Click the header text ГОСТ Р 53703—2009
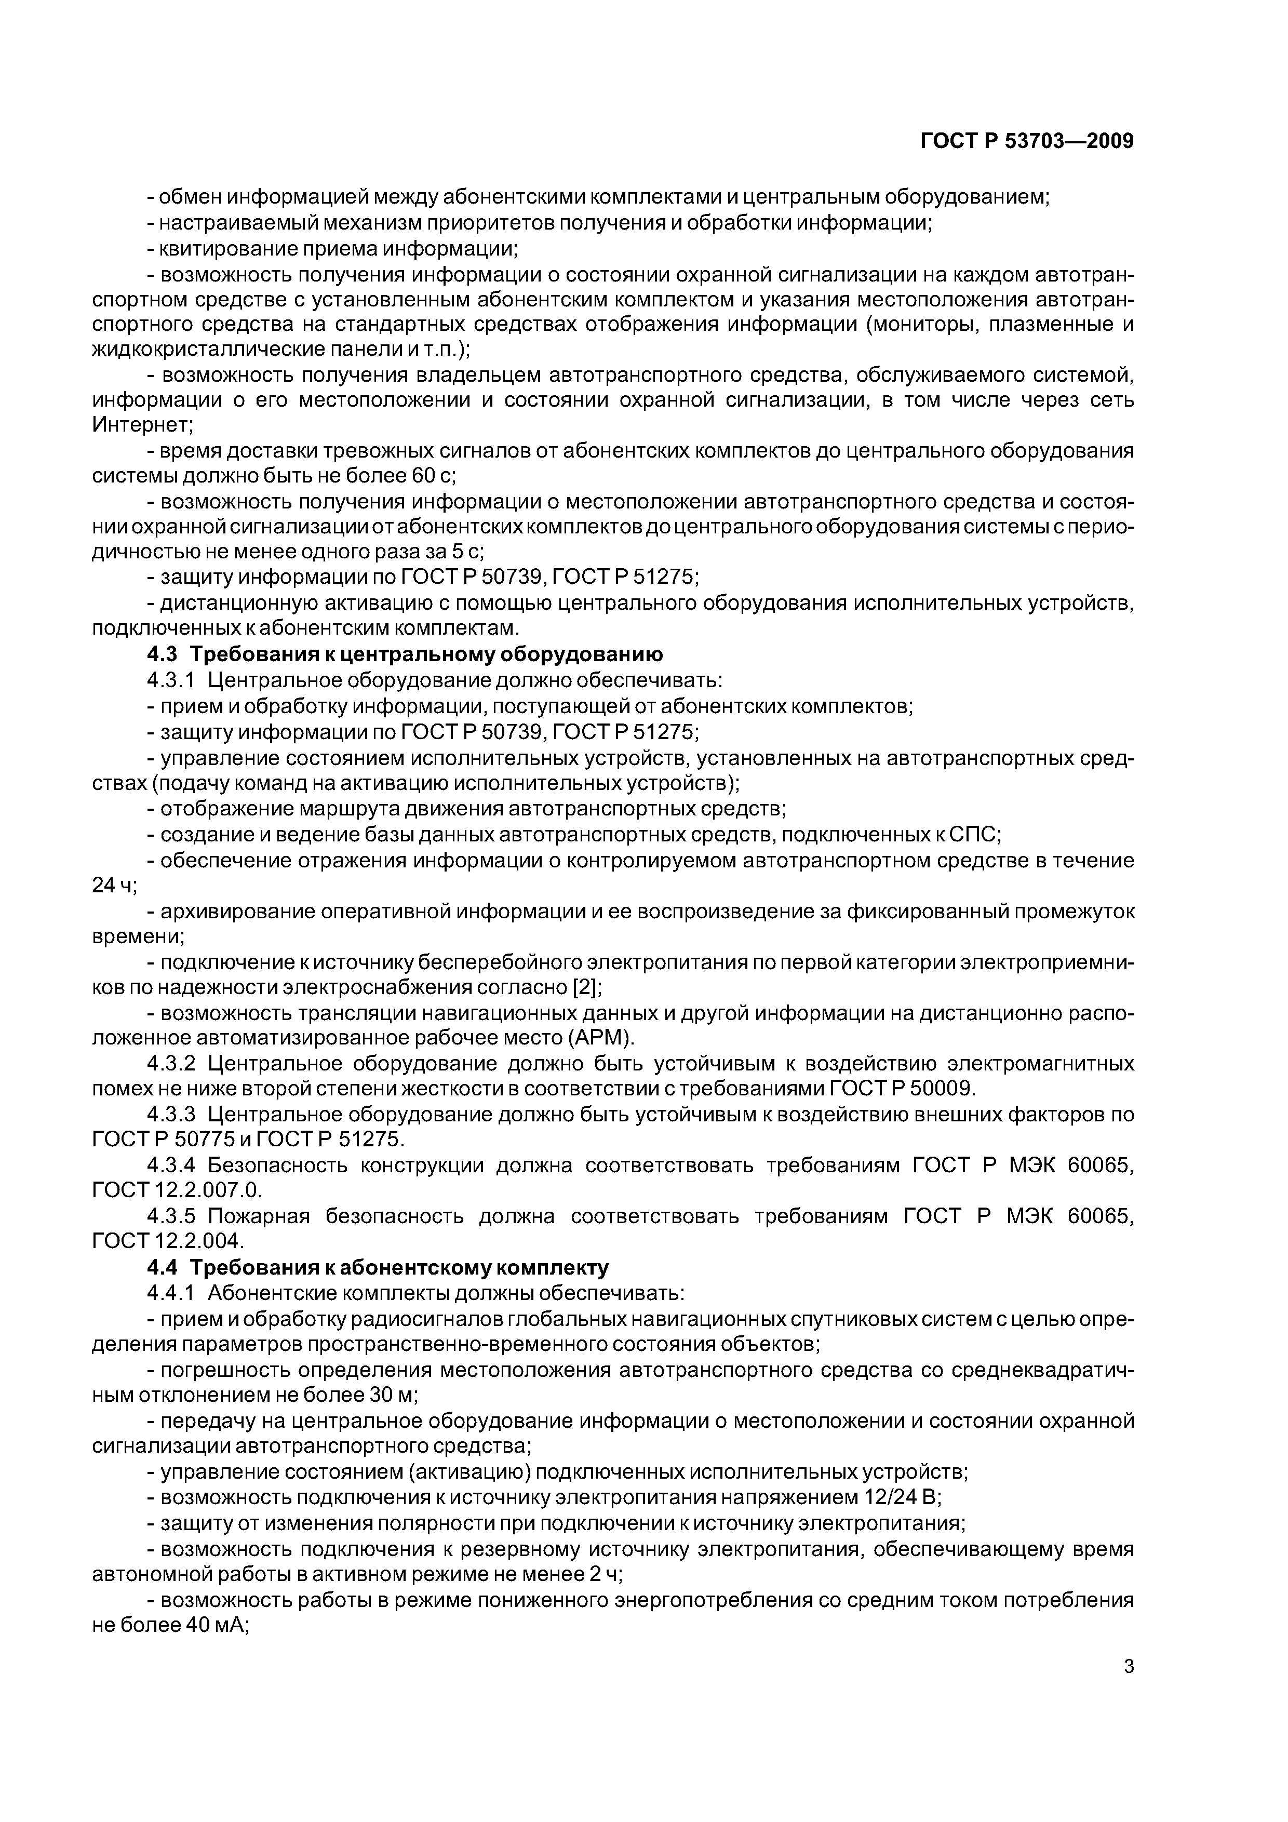pos(1026,141)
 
